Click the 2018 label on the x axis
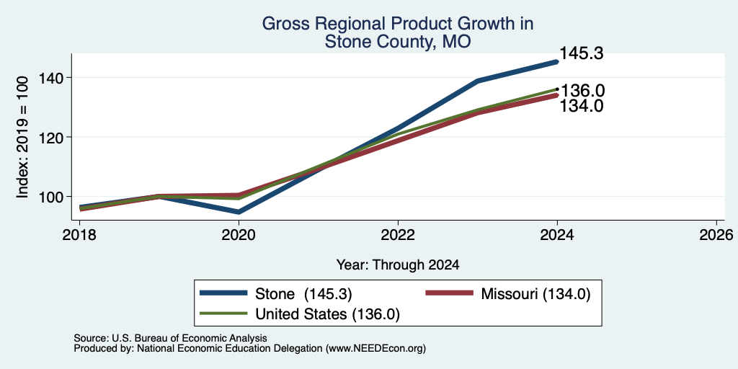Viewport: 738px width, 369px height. [80, 234]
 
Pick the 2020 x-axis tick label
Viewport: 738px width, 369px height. [239, 234]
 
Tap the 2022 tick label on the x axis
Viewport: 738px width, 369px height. [398, 234]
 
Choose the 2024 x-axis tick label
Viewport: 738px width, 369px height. [557, 234]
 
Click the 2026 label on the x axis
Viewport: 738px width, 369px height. [716, 234]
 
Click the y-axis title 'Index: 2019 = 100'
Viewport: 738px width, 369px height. [22, 137]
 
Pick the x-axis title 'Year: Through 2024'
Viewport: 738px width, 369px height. [398, 265]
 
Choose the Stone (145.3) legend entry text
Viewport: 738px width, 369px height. [303, 294]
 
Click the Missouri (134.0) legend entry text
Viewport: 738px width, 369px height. [535, 294]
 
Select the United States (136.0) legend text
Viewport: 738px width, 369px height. [328, 314]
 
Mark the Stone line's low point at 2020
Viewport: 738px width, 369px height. [239, 213]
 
